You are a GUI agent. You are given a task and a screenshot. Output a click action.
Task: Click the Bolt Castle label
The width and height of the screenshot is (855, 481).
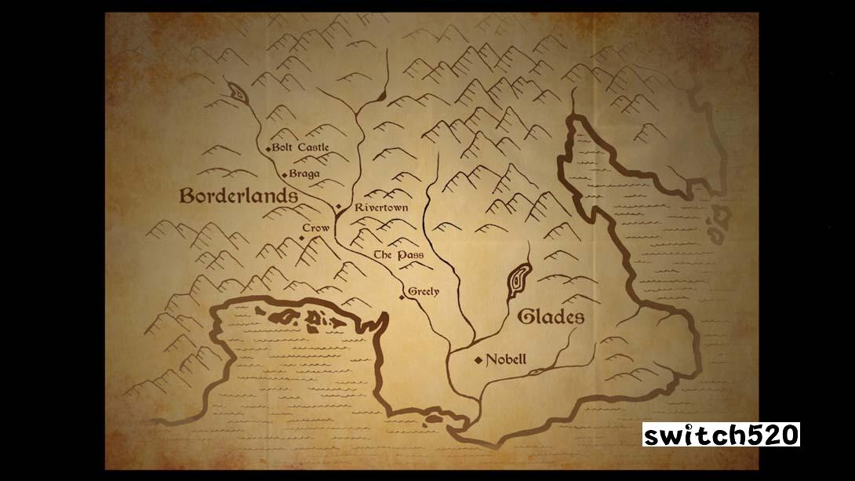pyautogui.click(x=301, y=148)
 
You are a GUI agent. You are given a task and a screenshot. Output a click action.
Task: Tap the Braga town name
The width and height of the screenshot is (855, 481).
pyautogui.click(x=304, y=174)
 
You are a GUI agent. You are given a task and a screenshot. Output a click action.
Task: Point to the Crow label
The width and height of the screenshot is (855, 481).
pyautogui.click(x=315, y=228)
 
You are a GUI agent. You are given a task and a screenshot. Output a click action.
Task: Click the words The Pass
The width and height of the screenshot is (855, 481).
pyautogui.click(x=398, y=255)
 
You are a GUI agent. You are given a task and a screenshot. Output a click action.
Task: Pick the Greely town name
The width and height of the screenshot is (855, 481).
pyautogui.click(x=424, y=292)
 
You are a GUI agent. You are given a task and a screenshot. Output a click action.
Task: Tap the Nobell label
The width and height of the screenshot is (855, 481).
pyautogui.click(x=506, y=360)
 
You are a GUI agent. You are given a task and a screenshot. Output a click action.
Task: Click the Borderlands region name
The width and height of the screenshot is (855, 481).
pyautogui.click(x=238, y=195)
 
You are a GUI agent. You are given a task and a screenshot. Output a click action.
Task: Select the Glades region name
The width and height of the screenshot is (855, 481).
pyautogui.click(x=551, y=317)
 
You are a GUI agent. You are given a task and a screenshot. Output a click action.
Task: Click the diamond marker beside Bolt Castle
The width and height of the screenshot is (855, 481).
pyautogui.click(x=268, y=148)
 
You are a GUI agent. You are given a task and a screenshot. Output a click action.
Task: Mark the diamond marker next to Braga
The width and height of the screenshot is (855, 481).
pyautogui.click(x=284, y=174)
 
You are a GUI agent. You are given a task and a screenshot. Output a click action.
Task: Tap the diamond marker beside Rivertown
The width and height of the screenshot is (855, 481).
pyautogui.click(x=339, y=207)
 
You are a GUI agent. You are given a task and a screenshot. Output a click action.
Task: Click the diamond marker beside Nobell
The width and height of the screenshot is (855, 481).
pyautogui.click(x=478, y=361)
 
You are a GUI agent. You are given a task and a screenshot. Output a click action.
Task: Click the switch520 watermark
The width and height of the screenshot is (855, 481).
pyautogui.click(x=721, y=434)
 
